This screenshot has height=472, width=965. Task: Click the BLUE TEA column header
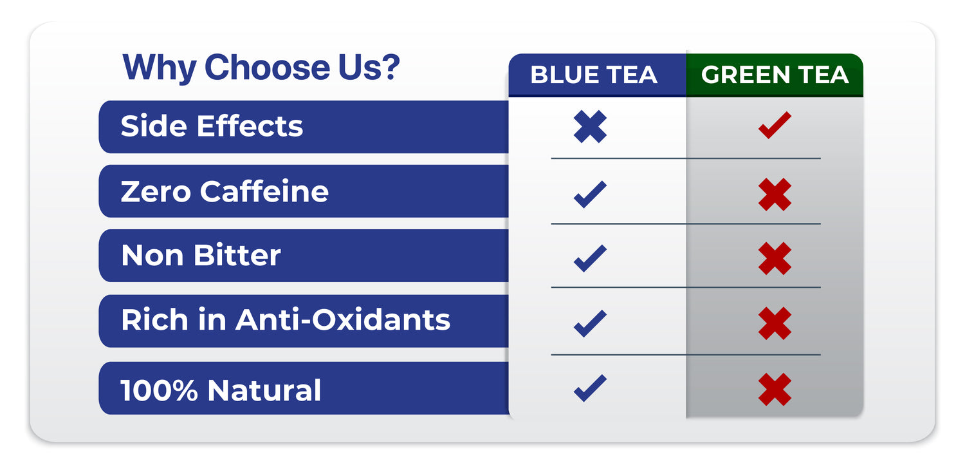coord(594,75)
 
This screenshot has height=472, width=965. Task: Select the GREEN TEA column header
coord(775,75)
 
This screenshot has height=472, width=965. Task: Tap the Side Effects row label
coord(212,126)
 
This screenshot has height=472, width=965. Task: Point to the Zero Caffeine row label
coord(225,191)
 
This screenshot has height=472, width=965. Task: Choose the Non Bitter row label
coord(201,255)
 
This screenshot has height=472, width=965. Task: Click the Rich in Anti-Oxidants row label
coord(286,320)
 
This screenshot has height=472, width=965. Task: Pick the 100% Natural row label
coord(221,390)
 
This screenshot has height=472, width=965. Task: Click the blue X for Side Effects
coord(590,127)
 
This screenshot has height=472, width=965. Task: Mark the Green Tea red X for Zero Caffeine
coord(775,194)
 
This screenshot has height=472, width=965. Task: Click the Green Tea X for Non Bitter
coord(775,259)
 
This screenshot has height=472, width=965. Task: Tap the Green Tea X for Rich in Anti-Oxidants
coord(775,323)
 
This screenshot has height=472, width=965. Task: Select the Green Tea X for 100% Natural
coord(775,390)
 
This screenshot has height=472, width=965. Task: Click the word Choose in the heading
coord(267,67)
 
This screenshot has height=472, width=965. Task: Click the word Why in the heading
coord(160,68)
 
